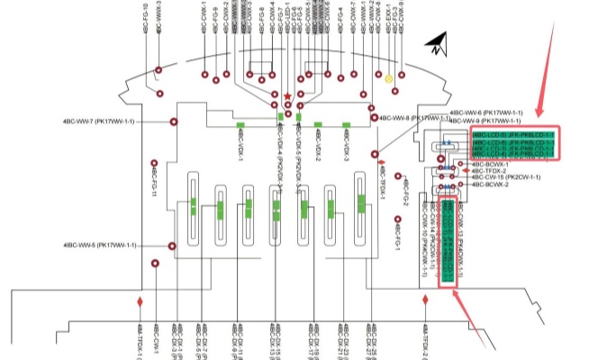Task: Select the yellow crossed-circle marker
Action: pos(389,79)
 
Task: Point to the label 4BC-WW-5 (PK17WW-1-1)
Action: pos(100,245)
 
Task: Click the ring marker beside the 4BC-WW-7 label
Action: pos(174,121)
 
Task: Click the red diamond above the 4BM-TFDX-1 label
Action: pos(140,301)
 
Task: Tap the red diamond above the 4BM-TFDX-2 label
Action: pos(425,300)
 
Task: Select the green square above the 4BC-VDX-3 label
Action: pos(344,125)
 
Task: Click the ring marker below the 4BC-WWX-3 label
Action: pos(159,69)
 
